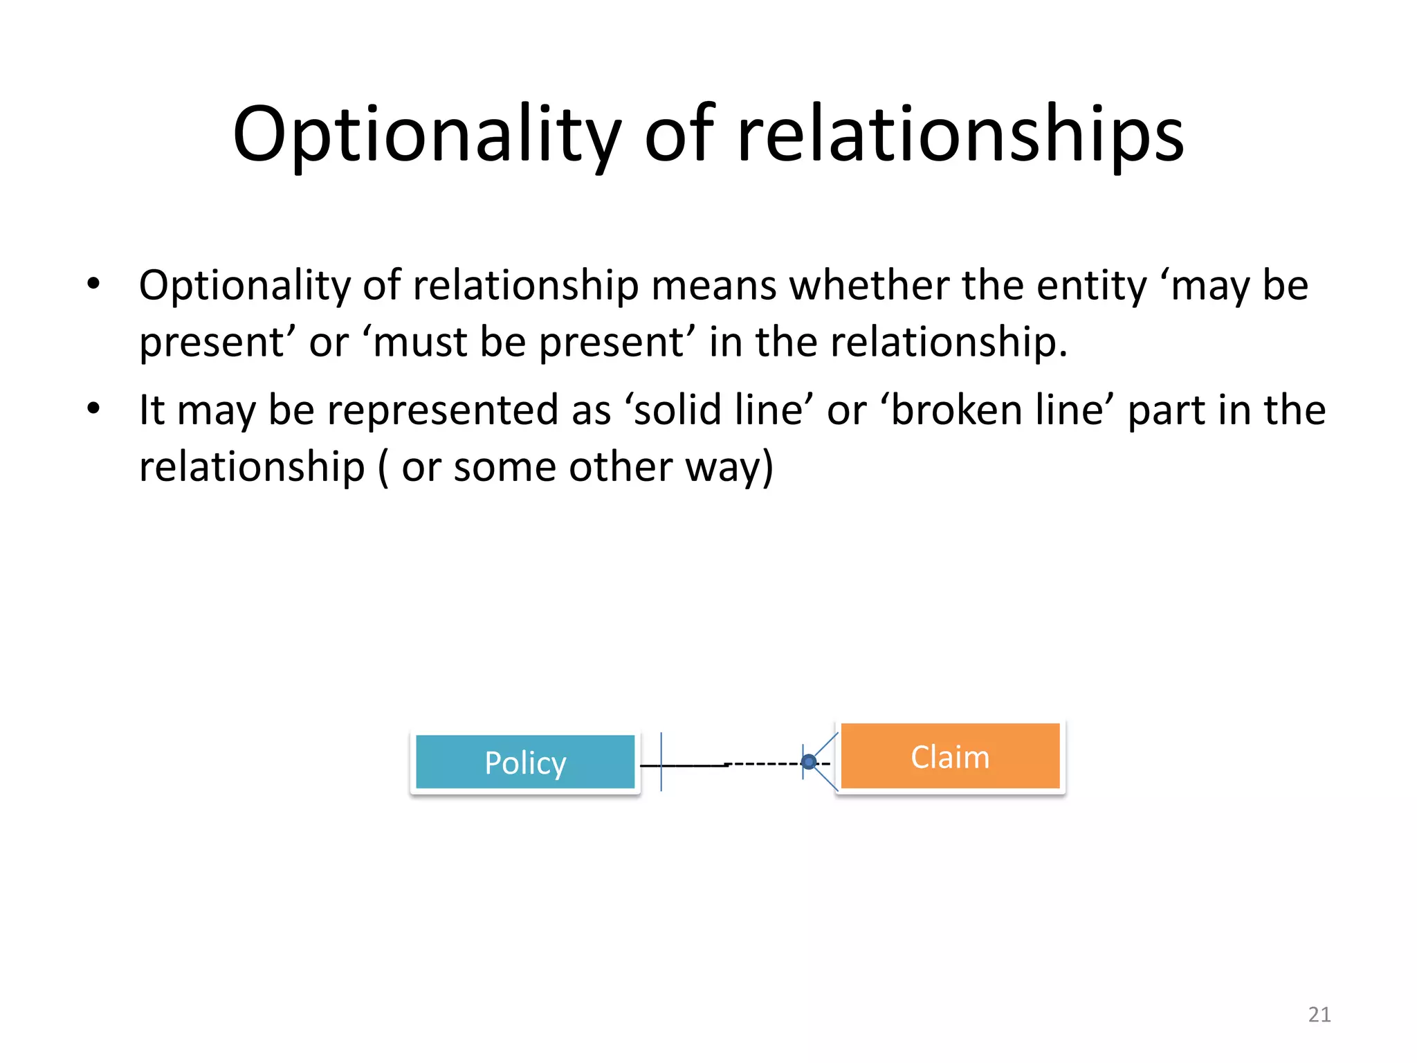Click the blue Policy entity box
pos(525,762)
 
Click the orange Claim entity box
pos(950,756)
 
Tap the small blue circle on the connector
pos(809,763)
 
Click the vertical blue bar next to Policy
pos(661,761)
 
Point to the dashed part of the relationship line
pos(765,764)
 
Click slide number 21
pos(1319,1015)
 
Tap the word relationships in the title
pos(960,134)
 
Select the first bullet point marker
pos(93,283)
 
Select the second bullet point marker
pos(93,408)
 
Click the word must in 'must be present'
pos(419,342)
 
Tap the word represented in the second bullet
pos(443,410)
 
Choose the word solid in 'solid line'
pos(678,410)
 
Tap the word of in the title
pos(679,134)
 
